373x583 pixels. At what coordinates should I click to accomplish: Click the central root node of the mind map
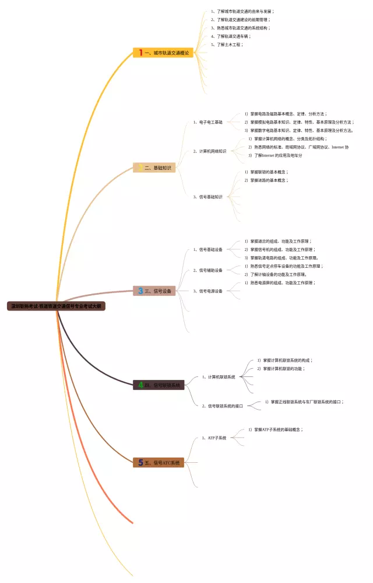pyautogui.click(x=56, y=305)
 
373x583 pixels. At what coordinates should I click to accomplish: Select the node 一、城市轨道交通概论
pyautogui.click(x=163, y=53)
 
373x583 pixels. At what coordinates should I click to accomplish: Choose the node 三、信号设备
pyautogui.click(x=154, y=291)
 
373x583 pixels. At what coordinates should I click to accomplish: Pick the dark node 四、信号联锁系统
pyautogui.click(x=159, y=385)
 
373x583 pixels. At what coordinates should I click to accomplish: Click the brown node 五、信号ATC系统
pyautogui.click(x=159, y=462)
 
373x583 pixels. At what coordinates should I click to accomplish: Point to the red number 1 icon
pyautogui.click(x=140, y=53)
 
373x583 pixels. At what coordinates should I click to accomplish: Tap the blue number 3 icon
pyautogui.click(x=140, y=291)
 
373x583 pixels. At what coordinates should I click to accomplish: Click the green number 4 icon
pyautogui.click(x=140, y=385)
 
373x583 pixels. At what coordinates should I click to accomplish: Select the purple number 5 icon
pyautogui.click(x=140, y=462)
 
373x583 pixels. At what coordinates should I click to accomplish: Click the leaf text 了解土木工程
pyautogui.click(x=229, y=44)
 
